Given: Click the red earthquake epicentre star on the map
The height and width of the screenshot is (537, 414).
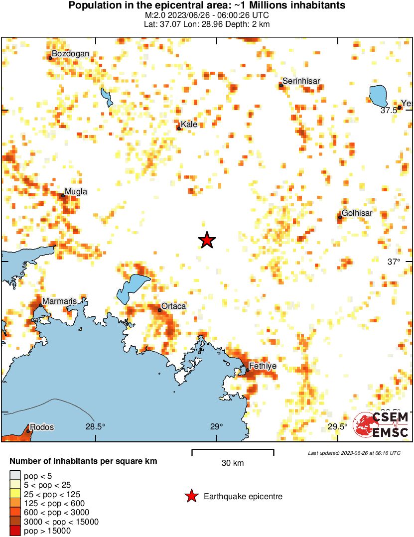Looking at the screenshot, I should pos(207,240).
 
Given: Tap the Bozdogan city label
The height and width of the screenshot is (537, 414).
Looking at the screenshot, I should pos(71,54).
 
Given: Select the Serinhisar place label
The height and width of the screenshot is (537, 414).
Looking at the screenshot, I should pos(301,81).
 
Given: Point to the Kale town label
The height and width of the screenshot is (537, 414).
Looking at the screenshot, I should pos(189,124).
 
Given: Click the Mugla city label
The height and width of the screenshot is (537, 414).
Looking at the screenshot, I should pos(76,191).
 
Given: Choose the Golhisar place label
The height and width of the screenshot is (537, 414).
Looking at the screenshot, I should pos(357,213).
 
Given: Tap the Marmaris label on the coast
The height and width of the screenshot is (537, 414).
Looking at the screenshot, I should pos(59,301).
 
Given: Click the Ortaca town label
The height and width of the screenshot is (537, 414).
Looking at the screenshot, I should pos(173,306).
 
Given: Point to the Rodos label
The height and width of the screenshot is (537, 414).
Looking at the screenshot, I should pos(42,427).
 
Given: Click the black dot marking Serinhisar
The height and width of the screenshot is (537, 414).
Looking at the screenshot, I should pos(281,85).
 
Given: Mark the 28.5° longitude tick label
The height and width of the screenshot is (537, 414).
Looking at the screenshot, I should pos(95,426).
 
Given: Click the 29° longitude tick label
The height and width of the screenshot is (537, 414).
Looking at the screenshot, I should pos(216,426).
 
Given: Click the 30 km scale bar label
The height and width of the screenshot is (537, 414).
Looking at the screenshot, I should pos(233,463).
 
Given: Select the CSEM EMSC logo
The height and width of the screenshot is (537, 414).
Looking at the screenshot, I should pos(381,425).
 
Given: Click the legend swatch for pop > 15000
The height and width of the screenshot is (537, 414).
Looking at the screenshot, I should pos(15,531).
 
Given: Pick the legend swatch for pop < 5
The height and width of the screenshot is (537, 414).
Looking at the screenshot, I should pos(15,476).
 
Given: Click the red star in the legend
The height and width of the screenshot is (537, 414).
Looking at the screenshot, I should pos(191,496).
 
